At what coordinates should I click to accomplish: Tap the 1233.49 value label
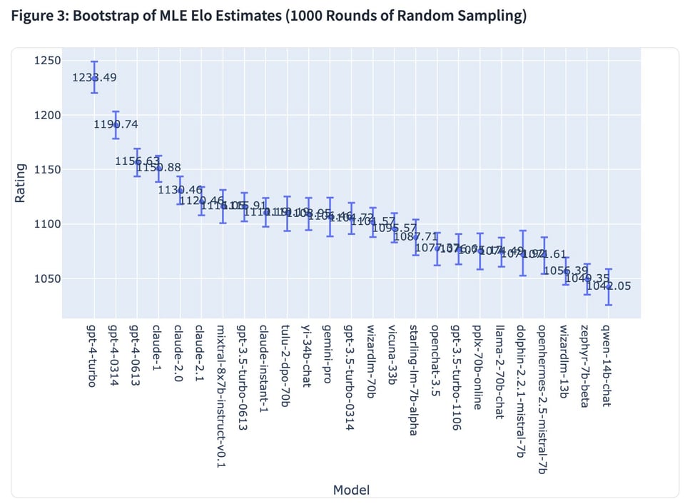click(94, 78)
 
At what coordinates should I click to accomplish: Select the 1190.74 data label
click(116, 124)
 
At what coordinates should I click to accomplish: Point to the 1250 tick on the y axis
click(47, 61)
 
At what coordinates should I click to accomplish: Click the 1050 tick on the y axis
click(47, 279)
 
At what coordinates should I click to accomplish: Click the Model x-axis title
click(351, 490)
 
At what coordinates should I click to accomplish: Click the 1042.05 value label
click(608, 286)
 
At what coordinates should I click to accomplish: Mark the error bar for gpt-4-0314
click(116, 124)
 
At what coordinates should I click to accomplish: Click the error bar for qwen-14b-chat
click(608, 286)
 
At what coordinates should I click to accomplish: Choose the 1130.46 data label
click(180, 190)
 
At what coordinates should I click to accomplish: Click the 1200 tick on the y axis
click(47, 116)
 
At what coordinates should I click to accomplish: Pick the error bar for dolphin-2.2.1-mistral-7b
click(522, 253)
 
